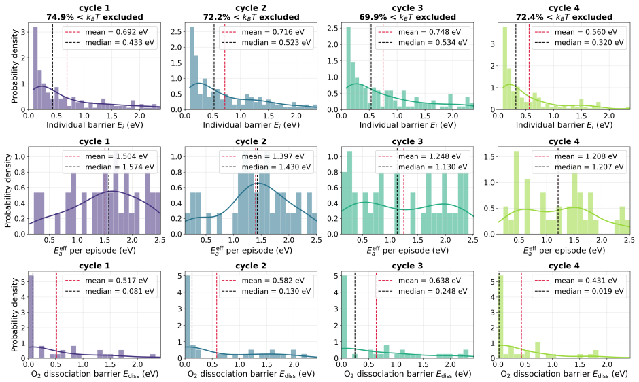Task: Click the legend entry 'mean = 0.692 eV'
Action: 116,32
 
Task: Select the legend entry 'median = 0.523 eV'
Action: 276,42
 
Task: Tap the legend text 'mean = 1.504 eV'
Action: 116,156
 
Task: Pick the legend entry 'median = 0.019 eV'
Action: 589,291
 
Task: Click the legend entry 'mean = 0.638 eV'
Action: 430,281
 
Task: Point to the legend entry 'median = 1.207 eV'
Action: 589,167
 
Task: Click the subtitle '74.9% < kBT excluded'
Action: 94,17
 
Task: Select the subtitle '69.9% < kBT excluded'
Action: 407,17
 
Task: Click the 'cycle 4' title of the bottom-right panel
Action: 564,266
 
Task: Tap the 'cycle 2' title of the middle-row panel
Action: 251,141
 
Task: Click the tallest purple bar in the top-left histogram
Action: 35,68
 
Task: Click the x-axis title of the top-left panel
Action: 94,125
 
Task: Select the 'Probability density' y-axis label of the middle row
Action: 8,190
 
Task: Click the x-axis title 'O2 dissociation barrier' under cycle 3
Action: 407,374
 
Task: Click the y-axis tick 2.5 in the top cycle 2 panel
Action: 176,31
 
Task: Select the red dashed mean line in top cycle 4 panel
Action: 529,66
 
